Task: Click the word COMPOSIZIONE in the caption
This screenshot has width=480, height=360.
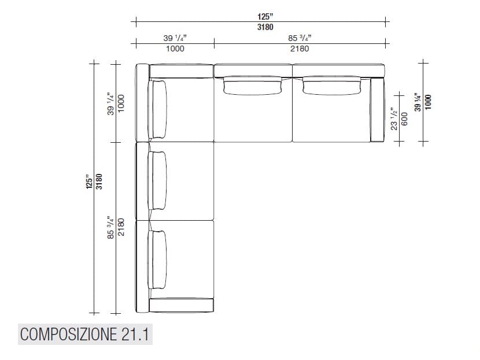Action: [68, 335]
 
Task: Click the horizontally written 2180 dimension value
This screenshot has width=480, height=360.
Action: [299, 49]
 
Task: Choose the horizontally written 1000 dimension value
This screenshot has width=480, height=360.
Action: [175, 49]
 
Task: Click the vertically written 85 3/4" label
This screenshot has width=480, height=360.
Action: [110, 228]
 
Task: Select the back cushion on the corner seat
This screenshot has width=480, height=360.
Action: [158, 109]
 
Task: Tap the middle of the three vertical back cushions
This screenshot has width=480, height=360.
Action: [157, 180]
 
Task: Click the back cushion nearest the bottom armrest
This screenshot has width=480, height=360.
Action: [157, 259]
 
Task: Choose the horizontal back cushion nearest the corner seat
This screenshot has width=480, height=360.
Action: [253, 85]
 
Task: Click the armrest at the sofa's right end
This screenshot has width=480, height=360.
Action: [377, 110]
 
